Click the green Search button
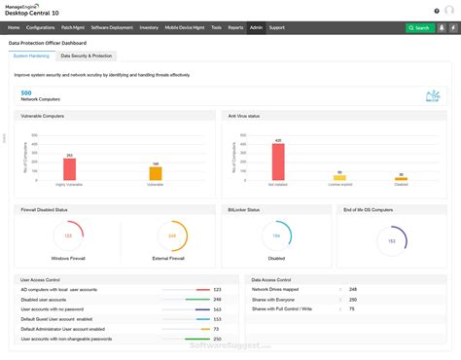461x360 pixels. click(x=419, y=27)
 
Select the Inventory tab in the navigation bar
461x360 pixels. click(x=149, y=27)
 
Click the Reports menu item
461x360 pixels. click(x=235, y=27)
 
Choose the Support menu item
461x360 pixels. click(x=277, y=27)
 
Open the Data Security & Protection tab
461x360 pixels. click(x=87, y=55)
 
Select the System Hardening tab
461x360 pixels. click(x=32, y=55)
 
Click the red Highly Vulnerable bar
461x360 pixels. click(x=70, y=168)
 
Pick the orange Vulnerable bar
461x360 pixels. click(x=155, y=173)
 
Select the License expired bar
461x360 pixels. click(x=339, y=177)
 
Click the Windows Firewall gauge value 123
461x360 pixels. click(x=68, y=235)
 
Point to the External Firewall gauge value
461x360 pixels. click(x=172, y=235)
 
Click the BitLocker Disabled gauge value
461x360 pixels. click(x=276, y=235)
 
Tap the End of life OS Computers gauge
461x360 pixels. click(x=391, y=240)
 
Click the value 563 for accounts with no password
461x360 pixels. click(x=217, y=308)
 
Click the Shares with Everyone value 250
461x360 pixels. click(x=352, y=299)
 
